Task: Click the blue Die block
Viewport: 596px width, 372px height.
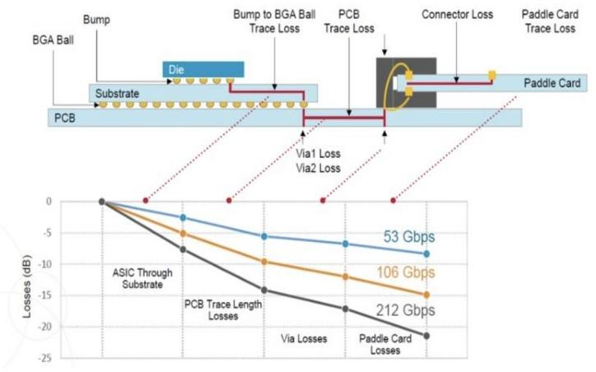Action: [203, 69]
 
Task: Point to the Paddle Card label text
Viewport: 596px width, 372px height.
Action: [552, 83]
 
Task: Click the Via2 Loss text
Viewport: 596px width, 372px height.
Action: [317, 168]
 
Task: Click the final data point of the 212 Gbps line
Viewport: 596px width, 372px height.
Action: [426, 335]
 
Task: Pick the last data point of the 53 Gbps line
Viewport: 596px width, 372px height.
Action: [426, 253]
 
